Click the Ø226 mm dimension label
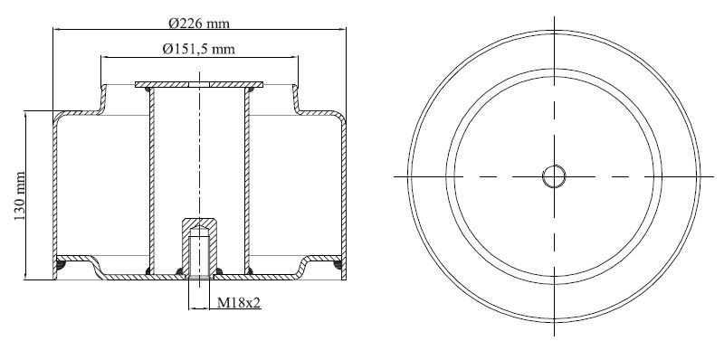tap(198, 24)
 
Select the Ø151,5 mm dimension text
tap(198, 49)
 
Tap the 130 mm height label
tap(20, 195)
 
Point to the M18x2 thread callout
tap(239, 303)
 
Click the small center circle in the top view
tap(554, 176)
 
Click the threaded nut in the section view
tap(199, 247)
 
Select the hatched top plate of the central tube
tap(199, 84)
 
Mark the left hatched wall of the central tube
tap(152, 180)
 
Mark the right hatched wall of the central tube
tap(247, 180)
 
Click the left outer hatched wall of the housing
tap(55, 196)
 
